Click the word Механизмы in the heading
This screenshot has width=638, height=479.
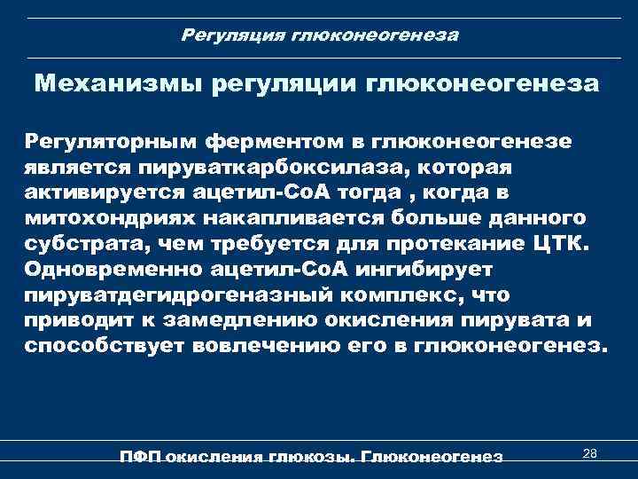(116, 86)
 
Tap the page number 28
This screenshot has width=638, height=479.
(590, 453)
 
